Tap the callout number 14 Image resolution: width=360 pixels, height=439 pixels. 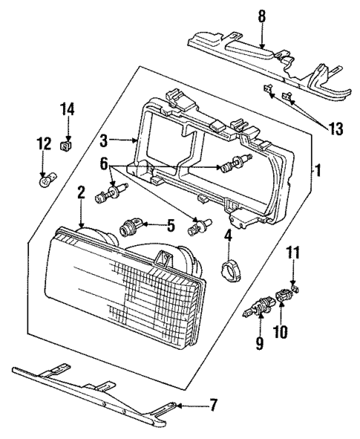coord(68,109)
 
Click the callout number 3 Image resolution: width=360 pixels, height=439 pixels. coord(105,138)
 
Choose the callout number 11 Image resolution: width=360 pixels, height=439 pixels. coord(294,253)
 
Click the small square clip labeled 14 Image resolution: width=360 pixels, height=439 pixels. coord(68,143)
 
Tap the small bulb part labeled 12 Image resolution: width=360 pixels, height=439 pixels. coord(46,179)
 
